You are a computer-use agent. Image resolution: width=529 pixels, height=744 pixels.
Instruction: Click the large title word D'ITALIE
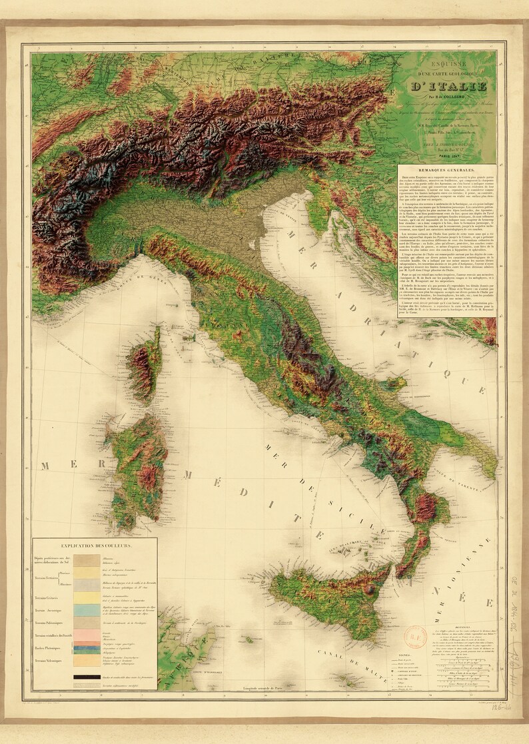448,86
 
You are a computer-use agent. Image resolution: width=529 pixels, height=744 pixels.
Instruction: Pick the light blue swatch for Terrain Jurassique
87,610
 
